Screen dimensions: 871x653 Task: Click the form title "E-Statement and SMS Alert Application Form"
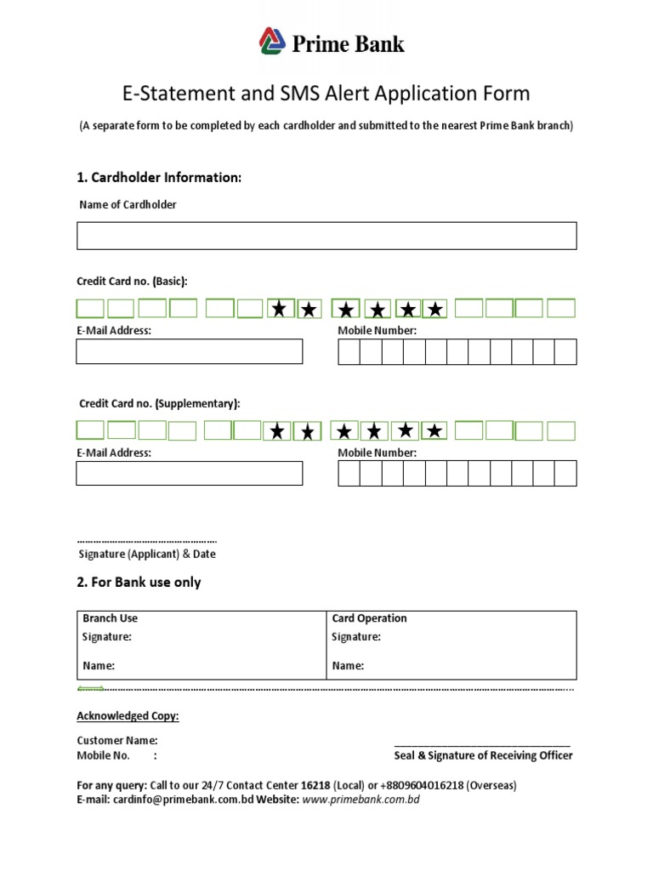click(x=326, y=94)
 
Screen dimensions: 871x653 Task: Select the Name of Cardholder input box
click(x=326, y=236)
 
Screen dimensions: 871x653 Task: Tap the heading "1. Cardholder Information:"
click(x=160, y=178)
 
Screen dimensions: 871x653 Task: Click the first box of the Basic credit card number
click(x=90, y=308)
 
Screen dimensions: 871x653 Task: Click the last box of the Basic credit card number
click(x=560, y=308)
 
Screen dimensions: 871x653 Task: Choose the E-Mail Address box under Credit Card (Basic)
click(x=189, y=351)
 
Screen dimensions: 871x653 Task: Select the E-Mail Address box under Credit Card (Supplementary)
click(x=189, y=473)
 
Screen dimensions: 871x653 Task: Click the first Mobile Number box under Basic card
click(x=349, y=351)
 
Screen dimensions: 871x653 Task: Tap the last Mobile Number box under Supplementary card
click(x=565, y=473)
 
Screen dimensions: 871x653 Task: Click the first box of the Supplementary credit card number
click(x=90, y=431)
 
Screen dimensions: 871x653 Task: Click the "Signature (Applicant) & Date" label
click(x=147, y=554)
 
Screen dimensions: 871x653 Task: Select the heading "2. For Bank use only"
click(x=139, y=583)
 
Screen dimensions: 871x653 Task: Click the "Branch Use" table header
click(x=110, y=618)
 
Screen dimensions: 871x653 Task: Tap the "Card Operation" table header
click(x=369, y=618)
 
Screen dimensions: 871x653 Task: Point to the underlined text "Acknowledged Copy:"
click(x=128, y=716)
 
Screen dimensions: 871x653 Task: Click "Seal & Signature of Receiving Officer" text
click(x=483, y=755)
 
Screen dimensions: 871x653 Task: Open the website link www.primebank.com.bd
click(x=361, y=800)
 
